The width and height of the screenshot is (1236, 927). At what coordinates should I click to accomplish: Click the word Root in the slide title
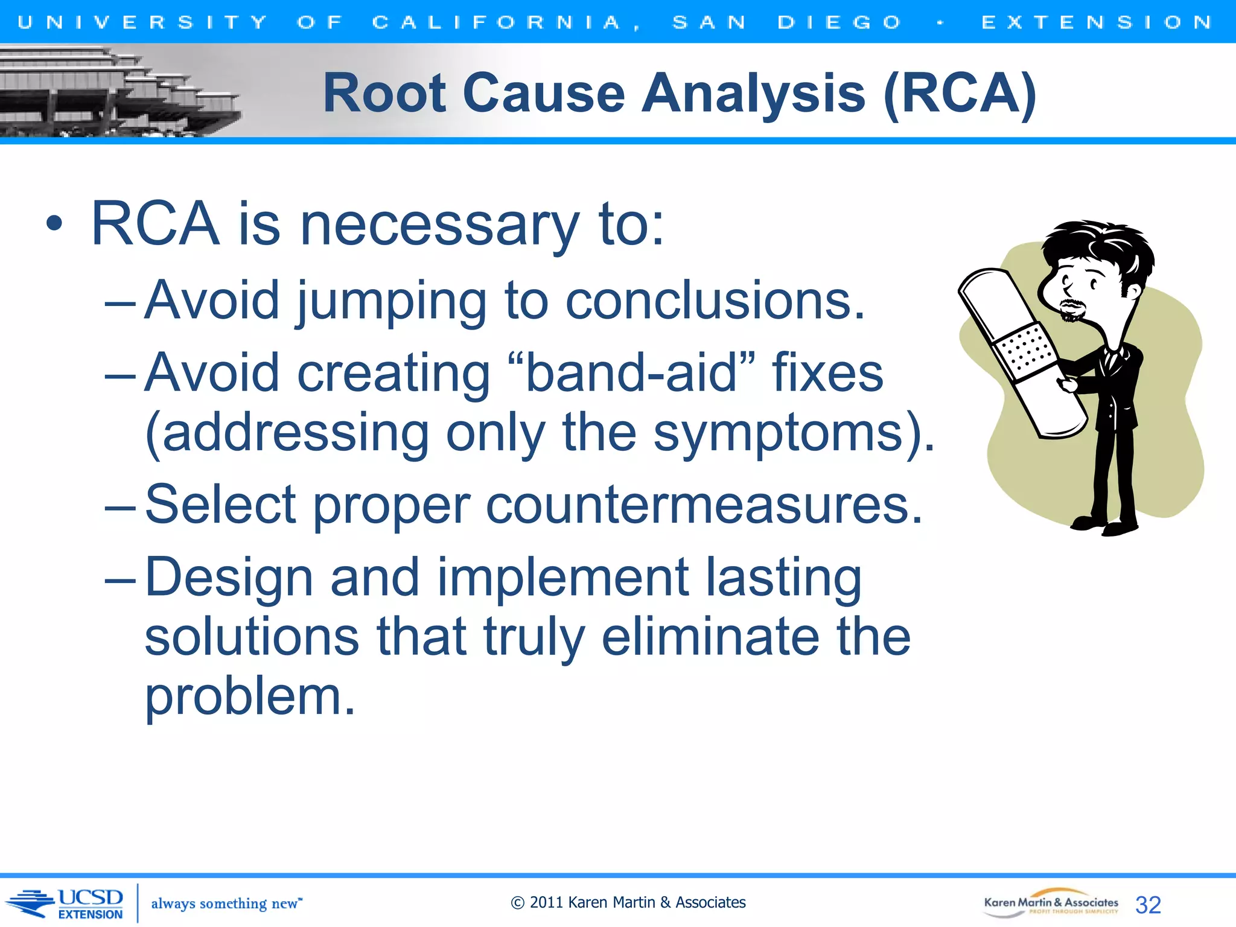[384, 94]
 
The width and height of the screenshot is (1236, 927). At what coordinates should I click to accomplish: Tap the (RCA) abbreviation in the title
[960, 94]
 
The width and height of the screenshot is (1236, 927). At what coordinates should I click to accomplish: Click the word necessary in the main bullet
[439, 225]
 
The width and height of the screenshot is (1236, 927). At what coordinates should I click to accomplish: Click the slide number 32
[1148, 905]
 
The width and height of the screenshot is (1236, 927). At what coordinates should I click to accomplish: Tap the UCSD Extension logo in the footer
[69, 903]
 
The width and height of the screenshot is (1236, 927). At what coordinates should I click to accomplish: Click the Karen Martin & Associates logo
[1050, 903]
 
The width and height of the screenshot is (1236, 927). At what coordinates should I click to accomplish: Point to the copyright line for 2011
[628, 902]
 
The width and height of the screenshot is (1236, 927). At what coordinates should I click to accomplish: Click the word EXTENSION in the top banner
[1096, 22]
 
